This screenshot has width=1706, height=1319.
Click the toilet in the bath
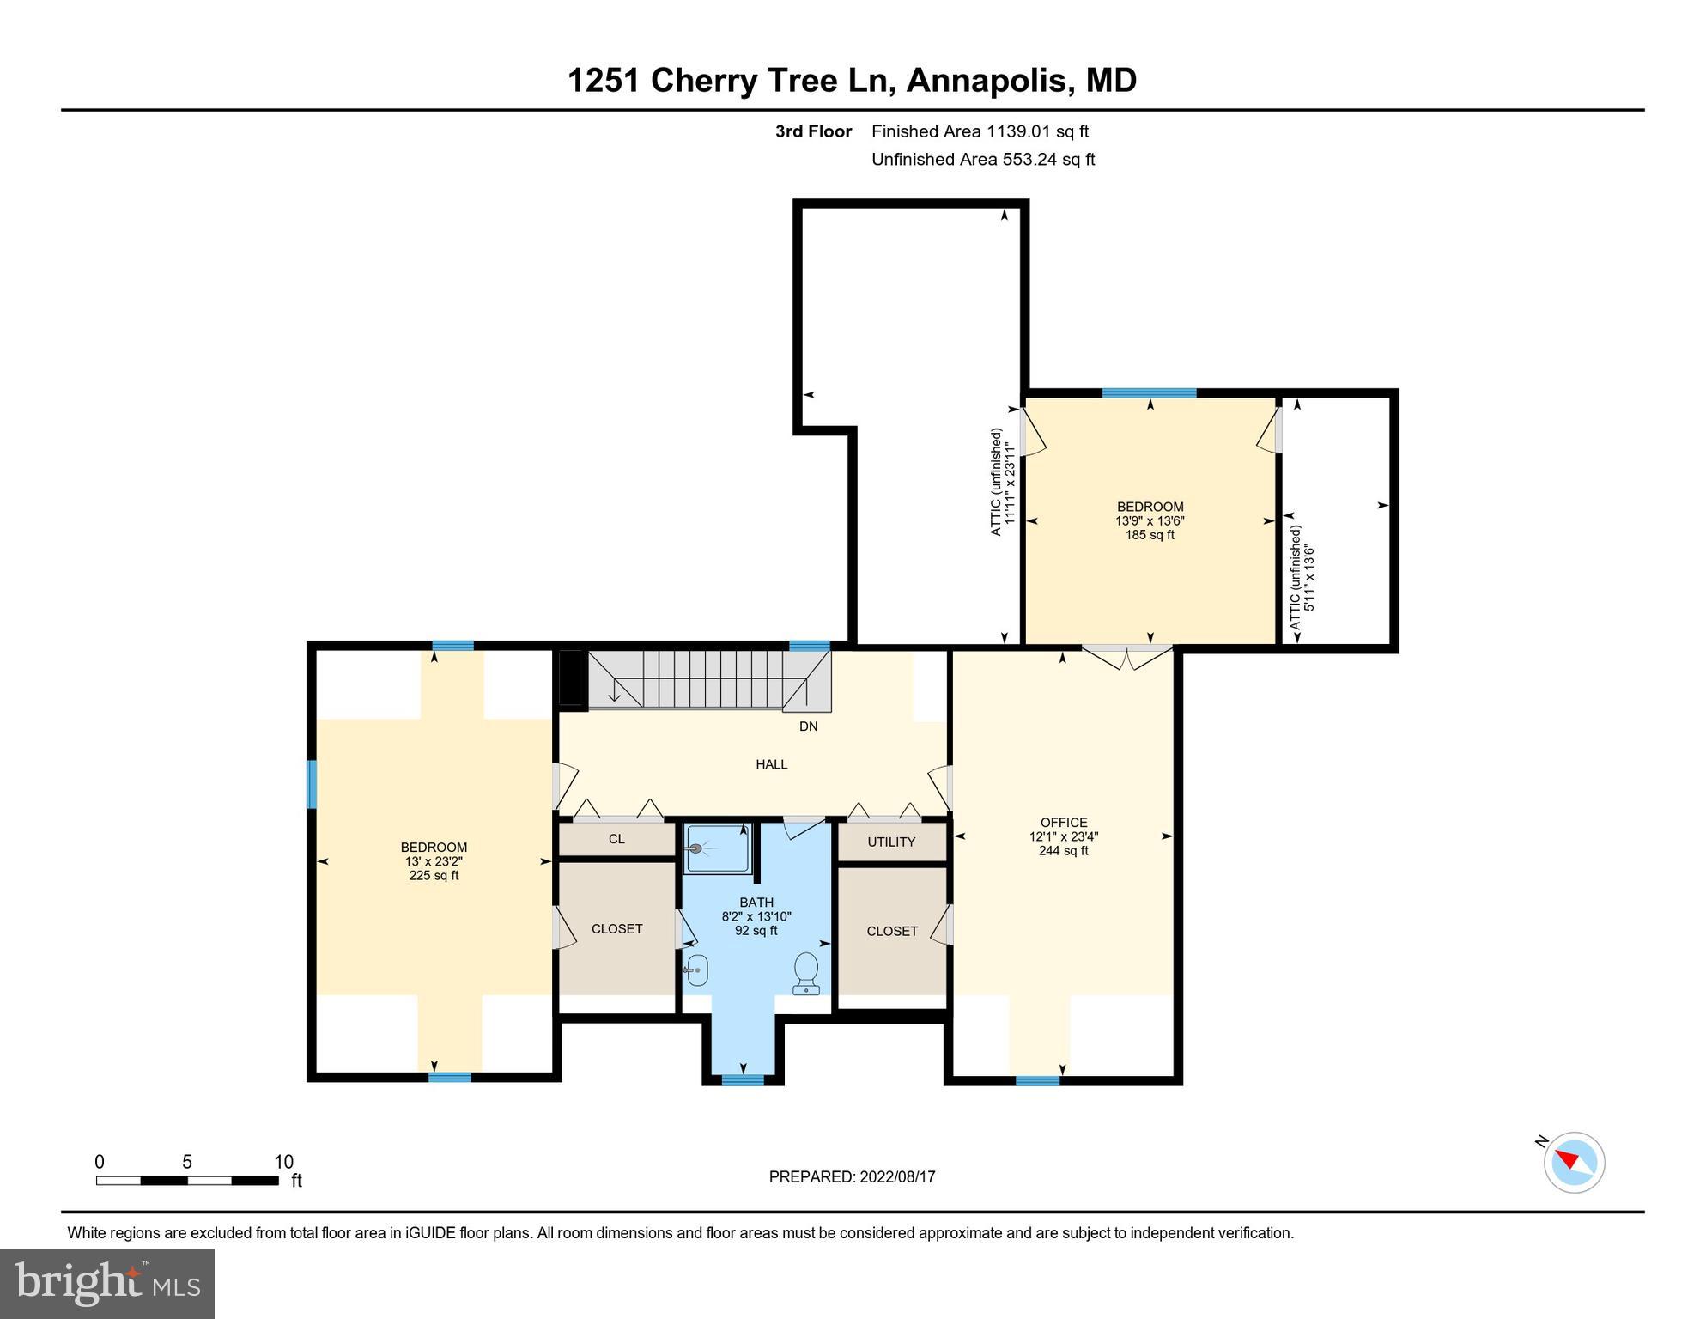pos(806,973)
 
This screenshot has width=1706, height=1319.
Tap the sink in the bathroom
pos(696,970)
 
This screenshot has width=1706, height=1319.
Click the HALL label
pos(772,764)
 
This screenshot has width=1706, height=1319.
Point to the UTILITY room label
pos(891,842)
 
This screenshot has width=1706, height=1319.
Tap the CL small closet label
pos(616,839)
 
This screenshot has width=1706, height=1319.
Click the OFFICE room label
pos(1064,823)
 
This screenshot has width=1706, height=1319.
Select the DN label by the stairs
pos(809,726)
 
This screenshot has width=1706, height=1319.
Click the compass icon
pos(1574,1163)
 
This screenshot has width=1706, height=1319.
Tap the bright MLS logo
pos(107,1284)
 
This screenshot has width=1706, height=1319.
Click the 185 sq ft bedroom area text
pos(1150,535)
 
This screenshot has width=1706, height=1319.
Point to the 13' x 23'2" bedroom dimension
pos(434,861)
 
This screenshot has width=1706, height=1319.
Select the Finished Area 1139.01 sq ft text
pos(980,131)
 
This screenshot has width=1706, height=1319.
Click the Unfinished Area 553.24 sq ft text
pos(983,159)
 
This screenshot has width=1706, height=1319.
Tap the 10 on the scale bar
pos(283,1162)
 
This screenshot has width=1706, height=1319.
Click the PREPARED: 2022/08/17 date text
pos(852,1177)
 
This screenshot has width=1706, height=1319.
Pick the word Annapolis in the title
pos(987,81)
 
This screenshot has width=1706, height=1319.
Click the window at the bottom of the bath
pos(743,1079)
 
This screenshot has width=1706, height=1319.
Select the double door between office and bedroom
pos(1126,657)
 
